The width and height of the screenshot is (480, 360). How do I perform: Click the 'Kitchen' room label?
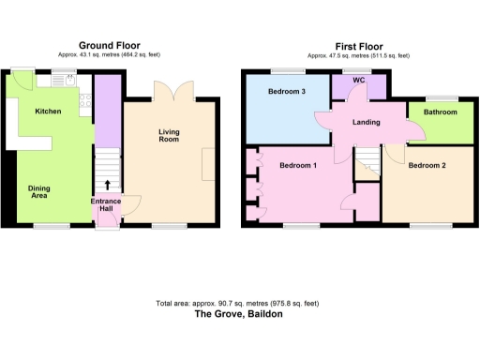pos(48,111)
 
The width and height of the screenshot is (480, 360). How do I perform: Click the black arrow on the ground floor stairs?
pos(107,186)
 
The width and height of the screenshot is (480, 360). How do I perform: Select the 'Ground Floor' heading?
pos(110,44)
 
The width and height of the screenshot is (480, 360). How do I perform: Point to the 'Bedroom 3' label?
pos(286,92)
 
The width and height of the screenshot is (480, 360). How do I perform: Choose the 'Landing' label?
pos(366,123)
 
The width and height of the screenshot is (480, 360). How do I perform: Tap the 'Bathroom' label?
pos(440,112)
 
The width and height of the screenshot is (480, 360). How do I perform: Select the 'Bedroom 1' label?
pos(298,165)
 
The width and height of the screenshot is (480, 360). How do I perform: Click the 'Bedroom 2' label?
pos(427,165)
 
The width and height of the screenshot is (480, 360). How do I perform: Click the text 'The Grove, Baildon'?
pos(238,315)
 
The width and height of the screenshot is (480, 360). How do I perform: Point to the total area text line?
pos(238,303)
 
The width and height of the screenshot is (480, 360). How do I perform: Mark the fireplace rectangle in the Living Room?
pos(206,163)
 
